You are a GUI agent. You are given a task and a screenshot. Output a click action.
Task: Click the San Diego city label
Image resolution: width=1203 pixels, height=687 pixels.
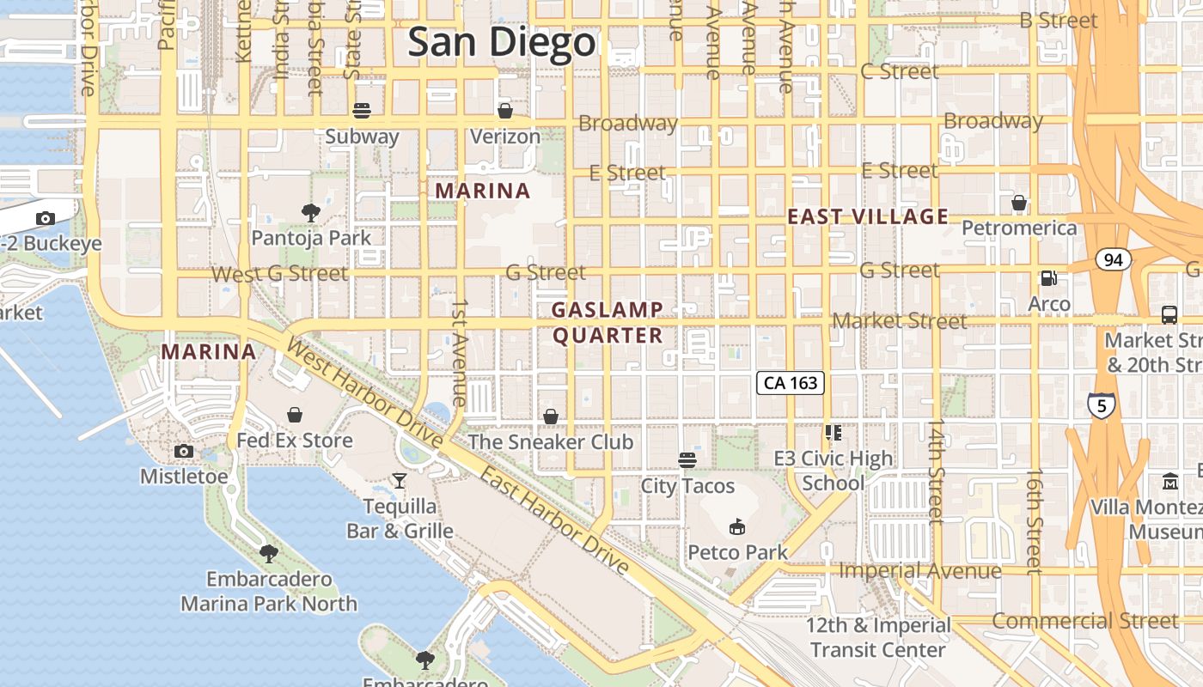501,42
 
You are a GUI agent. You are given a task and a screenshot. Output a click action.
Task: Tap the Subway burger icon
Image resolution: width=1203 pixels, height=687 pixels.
362,111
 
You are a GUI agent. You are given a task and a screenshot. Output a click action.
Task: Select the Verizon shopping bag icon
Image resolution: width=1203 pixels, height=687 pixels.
505,111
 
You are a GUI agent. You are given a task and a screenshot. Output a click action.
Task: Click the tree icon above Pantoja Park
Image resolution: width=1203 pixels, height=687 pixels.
311,212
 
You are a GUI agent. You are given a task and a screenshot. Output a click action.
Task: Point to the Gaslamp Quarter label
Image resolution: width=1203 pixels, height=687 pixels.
608,322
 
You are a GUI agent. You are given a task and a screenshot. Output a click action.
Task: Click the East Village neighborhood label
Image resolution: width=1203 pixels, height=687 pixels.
868,216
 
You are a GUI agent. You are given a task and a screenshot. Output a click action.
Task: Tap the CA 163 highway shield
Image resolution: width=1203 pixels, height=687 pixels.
791,383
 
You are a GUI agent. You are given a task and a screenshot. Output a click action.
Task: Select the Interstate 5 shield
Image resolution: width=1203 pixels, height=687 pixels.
1102,404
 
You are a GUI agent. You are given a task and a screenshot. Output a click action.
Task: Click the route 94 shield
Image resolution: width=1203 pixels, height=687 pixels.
1113,259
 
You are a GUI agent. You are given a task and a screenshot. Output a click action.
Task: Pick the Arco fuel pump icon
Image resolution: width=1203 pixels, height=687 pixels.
1048,278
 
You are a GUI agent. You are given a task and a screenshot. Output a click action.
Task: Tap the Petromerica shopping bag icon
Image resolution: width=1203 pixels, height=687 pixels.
1019,204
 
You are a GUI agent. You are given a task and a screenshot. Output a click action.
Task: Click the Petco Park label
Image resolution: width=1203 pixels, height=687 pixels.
737,551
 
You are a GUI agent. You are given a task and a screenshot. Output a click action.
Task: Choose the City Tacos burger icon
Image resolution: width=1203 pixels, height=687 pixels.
687,460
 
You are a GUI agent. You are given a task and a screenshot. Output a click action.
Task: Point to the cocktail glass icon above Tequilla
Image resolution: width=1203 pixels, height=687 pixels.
400,481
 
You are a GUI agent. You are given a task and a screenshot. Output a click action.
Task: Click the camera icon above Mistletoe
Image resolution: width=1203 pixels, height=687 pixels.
183,452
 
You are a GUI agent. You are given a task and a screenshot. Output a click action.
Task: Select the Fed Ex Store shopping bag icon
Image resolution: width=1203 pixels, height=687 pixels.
295,416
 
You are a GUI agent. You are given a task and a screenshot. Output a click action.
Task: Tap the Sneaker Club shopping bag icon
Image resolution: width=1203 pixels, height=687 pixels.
551,416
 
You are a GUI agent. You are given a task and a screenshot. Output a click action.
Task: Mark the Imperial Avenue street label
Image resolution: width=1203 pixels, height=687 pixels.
919,570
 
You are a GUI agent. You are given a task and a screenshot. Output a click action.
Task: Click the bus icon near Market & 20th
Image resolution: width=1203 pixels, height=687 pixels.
1169,315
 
